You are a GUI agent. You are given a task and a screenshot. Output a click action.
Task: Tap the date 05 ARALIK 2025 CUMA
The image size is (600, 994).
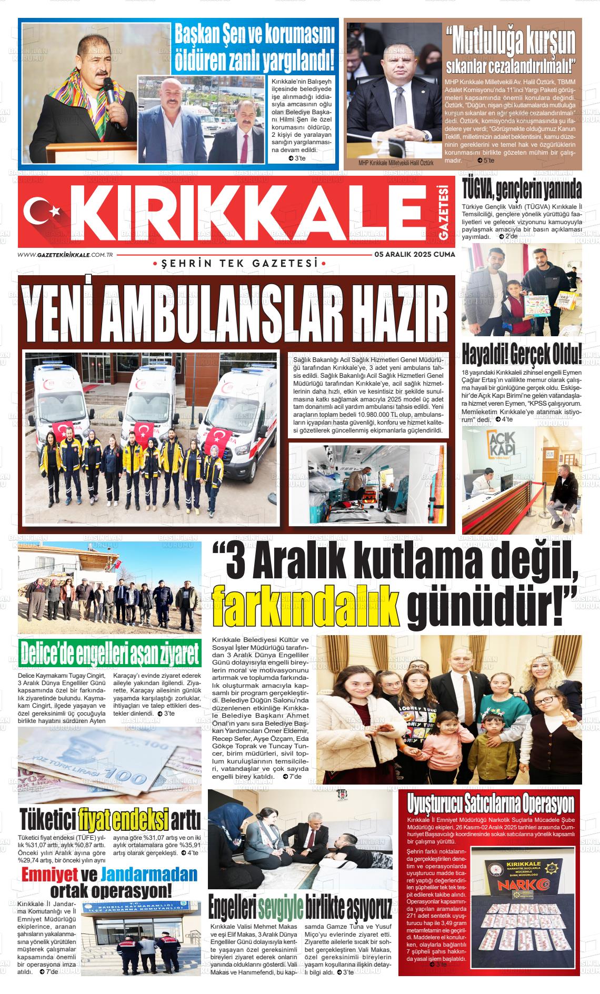tap(415, 254)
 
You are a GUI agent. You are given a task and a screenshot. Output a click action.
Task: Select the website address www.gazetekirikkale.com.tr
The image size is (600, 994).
tap(66, 254)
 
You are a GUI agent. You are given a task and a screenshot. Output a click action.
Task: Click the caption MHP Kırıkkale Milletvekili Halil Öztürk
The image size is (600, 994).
tap(396, 163)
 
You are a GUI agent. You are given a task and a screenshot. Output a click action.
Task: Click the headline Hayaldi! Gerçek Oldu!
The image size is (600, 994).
tap(522, 354)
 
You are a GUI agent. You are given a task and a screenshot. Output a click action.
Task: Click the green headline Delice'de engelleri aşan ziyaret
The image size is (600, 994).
tap(109, 654)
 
